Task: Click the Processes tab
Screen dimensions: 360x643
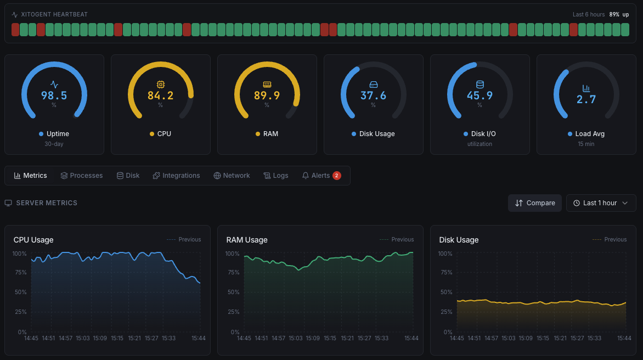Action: [x=82, y=176]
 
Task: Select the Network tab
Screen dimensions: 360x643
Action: [x=232, y=176]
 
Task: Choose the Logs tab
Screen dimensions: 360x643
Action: [x=275, y=176]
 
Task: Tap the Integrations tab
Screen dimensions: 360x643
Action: [x=176, y=176]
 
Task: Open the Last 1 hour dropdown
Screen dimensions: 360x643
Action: [x=601, y=203]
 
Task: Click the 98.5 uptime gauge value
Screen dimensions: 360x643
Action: [x=54, y=95]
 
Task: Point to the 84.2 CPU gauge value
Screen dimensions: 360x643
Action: [x=160, y=95]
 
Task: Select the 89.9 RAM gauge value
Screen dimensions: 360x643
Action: [x=267, y=95]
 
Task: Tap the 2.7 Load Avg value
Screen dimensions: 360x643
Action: [x=586, y=99]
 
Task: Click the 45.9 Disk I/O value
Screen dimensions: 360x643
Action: [x=480, y=95]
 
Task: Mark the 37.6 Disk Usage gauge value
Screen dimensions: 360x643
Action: [x=373, y=95]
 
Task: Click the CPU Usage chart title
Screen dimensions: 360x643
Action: [x=33, y=240]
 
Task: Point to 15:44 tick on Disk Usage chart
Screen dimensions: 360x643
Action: [x=624, y=338]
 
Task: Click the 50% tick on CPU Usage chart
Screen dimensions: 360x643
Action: [x=20, y=292]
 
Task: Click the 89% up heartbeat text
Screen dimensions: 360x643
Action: [x=619, y=14]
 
